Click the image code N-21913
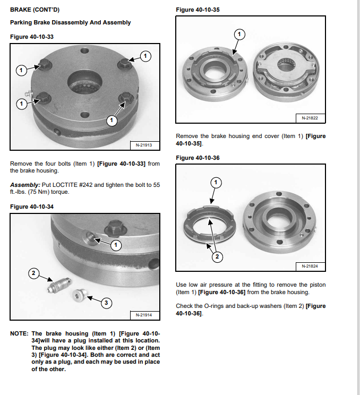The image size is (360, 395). [x=141, y=145]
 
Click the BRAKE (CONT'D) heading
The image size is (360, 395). [x=31, y=10]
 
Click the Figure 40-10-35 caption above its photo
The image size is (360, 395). [x=198, y=10]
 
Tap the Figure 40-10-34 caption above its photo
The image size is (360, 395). [x=31, y=207]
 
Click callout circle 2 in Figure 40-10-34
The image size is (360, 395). [x=33, y=273]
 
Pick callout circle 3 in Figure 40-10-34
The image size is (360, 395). [x=106, y=303]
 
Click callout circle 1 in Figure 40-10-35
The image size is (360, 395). [x=239, y=35]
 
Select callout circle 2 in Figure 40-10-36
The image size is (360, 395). [x=217, y=257]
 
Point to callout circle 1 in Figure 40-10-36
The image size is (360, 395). [x=216, y=183]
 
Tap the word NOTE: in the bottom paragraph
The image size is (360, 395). [x=19, y=334]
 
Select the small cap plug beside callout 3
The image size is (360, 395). [x=81, y=294]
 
